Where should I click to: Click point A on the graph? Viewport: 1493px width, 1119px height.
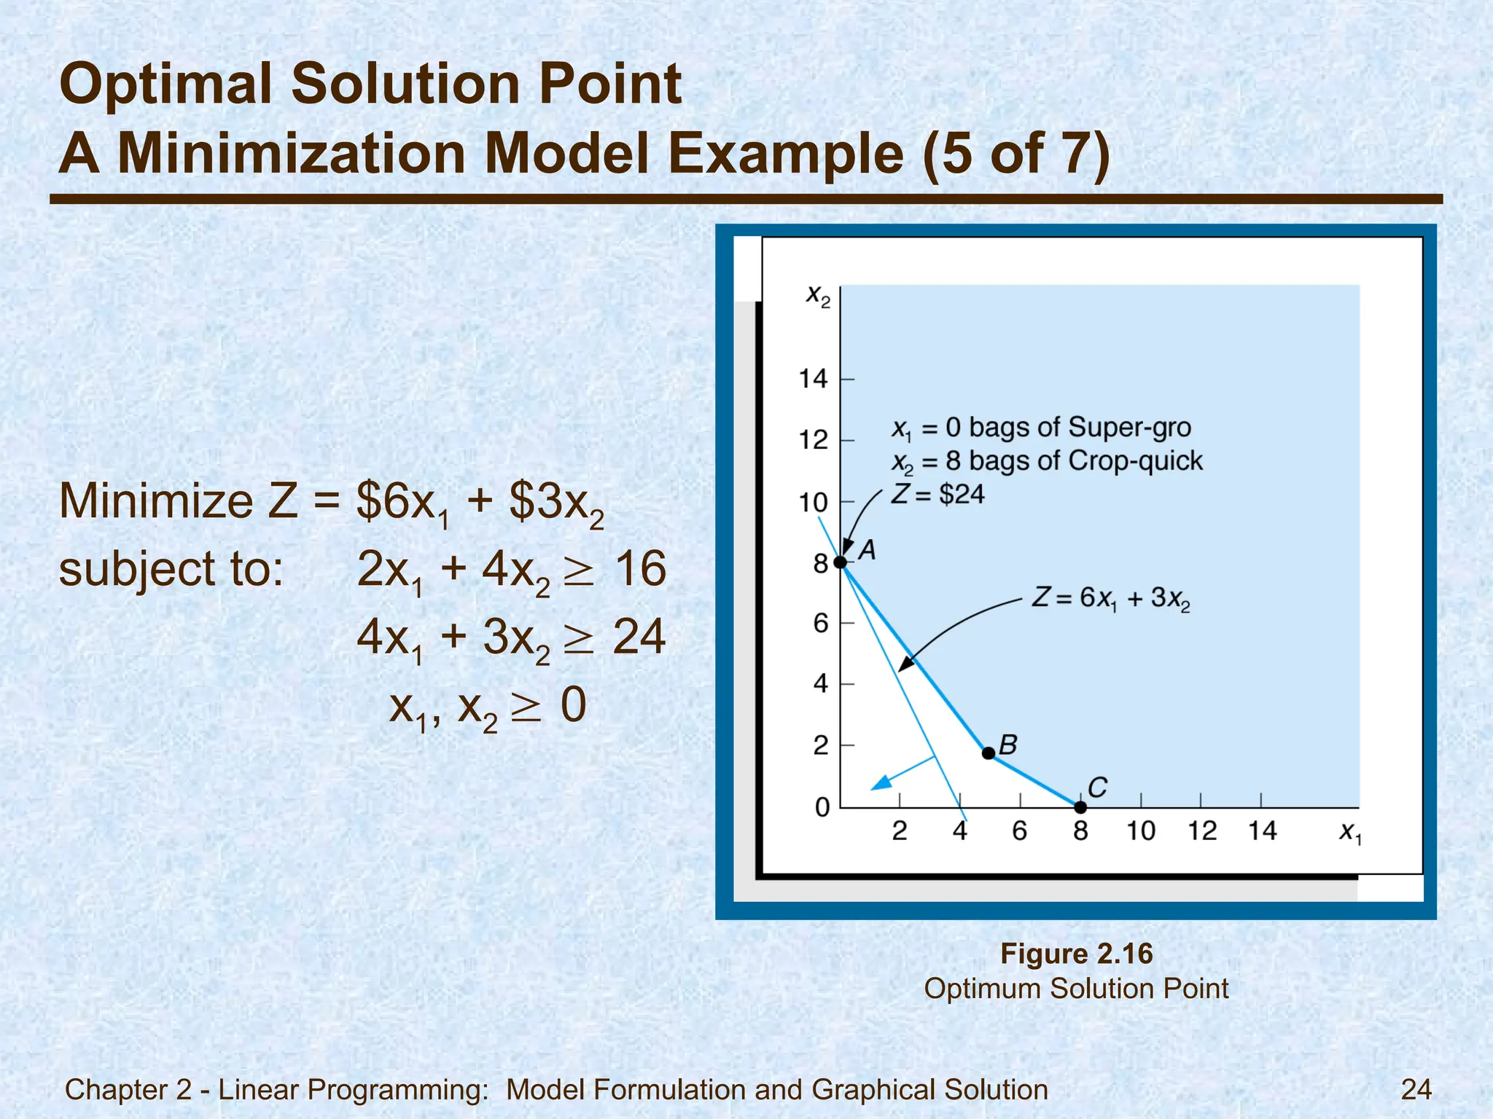click(841, 562)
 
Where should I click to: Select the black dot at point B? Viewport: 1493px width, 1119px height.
click(989, 753)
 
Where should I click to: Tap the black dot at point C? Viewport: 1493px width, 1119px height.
click(1080, 807)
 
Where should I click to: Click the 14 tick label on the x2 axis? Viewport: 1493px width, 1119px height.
click(814, 379)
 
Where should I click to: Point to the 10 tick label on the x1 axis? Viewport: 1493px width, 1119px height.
click(1141, 831)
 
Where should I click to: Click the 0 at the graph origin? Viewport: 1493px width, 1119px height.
click(822, 807)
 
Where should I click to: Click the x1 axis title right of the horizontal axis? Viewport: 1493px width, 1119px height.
click(1349, 832)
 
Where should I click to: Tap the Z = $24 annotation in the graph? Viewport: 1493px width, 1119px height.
click(938, 495)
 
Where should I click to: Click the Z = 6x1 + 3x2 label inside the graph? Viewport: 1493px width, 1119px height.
click(1110, 599)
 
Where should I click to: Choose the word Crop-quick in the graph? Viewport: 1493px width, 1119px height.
click(1135, 461)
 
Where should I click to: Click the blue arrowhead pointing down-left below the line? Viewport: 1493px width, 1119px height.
click(881, 783)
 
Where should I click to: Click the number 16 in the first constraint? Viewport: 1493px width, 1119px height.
click(639, 569)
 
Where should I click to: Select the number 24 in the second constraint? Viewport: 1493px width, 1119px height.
click(639, 637)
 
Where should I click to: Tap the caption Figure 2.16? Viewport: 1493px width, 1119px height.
click(1076, 954)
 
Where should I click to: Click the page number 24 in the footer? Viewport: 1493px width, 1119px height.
click(1416, 1089)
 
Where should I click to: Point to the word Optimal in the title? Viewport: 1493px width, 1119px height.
click(167, 84)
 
